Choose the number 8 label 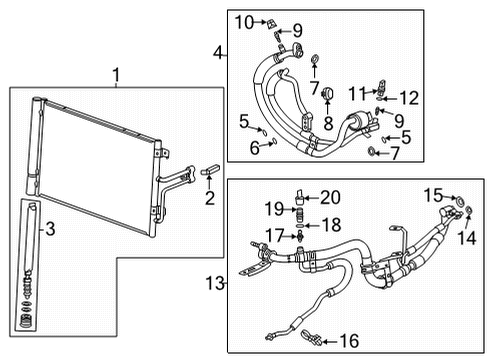click(325, 124)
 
